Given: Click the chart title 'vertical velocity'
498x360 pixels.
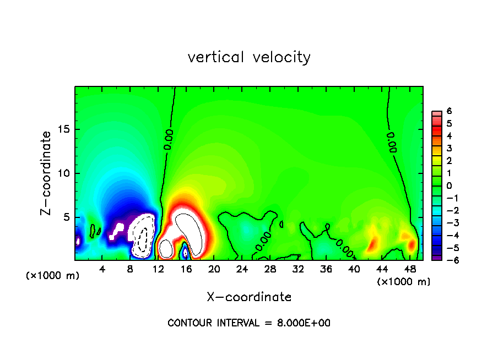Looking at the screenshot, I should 249,57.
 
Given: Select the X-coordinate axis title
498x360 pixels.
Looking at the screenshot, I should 249,297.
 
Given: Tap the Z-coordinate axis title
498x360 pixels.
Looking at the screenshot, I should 48,173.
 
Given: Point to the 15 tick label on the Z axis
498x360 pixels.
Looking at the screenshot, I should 63,129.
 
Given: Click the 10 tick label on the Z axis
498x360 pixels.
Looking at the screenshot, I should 63,173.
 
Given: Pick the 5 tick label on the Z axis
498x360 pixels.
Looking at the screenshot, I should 66,217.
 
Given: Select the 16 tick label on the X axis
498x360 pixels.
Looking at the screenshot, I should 186,269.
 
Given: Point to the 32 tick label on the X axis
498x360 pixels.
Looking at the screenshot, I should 298,269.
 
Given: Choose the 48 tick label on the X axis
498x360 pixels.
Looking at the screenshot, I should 409,269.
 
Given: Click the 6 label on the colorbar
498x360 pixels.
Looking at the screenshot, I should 449,111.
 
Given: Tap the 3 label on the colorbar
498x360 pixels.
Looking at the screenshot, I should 449,148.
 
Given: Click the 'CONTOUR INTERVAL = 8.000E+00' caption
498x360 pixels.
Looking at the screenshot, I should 249,323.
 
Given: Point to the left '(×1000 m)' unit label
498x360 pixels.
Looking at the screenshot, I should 53,276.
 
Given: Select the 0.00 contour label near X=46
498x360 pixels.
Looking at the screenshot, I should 392,142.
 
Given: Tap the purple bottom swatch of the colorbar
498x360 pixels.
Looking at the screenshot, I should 436,257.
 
